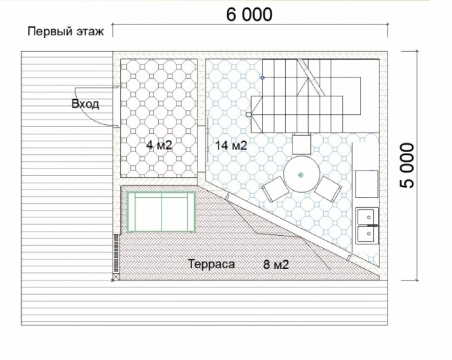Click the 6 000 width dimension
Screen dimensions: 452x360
[x=249, y=14]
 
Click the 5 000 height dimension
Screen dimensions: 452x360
[x=407, y=166]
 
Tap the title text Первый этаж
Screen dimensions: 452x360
[x=66, y=31]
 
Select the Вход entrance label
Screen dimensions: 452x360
[x=86, y=104]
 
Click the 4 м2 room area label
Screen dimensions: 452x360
[x=159, y=145]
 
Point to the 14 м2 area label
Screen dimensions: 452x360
[x=231, y=145]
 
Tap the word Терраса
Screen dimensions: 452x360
[x=211, y=264]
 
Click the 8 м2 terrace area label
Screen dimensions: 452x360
[x=276, y=264]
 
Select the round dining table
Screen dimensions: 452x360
[x=301, y=175]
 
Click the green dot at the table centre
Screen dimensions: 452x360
[x=301, y=175]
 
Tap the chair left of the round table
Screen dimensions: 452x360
[x=275, y=189]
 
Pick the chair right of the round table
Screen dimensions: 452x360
[x=328, y=189]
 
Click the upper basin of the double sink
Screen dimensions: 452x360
[x=366, y=217]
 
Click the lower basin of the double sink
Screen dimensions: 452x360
[x=366, y=234]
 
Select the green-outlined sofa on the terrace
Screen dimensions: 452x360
[x=162, y=212]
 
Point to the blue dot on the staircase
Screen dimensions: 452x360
[x=263, y=77]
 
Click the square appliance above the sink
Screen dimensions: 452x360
[x=366, y=184]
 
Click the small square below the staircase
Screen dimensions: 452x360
[x=302, y=143]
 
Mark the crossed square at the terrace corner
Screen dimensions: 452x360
[x=115, y=277]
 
